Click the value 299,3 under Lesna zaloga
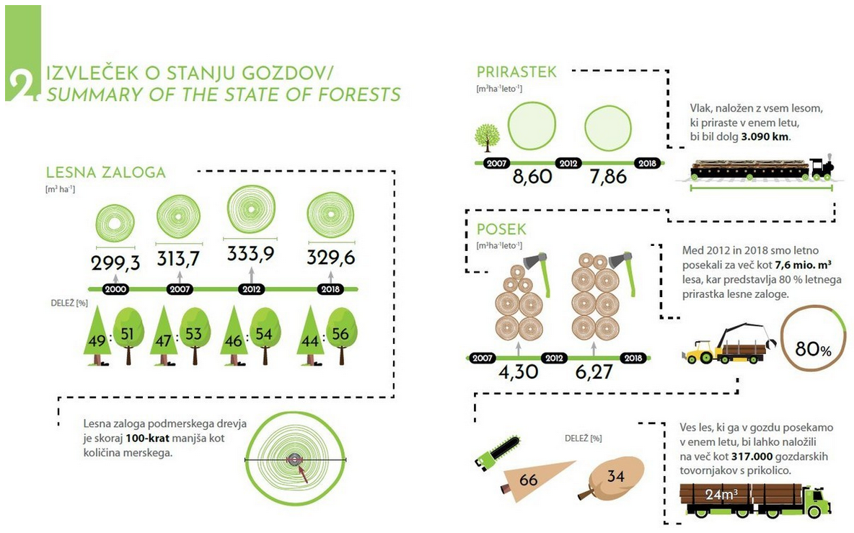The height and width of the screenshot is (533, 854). coord(115,263)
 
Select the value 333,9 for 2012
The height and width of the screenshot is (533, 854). coord(251,254)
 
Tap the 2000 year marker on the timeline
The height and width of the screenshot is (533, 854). coord(115,289)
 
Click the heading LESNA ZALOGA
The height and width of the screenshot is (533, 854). coord(105,172)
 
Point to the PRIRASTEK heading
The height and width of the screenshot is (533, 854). coord(516,72)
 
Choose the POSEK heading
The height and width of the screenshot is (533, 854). coord(501,229)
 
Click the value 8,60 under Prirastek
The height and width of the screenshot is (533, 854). coord(532,177)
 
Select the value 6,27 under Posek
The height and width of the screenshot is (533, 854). coord(594,372)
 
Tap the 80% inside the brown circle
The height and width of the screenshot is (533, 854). coord(813,348)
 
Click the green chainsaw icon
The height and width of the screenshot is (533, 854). coord(497,451)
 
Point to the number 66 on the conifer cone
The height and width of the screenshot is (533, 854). coord(528,480)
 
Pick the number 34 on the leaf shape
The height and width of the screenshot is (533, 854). coord(615,476)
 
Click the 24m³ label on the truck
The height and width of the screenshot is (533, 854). coord(722,494)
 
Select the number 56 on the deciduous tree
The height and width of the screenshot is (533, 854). coord(340,334)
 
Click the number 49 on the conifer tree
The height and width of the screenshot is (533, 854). coord(97,341)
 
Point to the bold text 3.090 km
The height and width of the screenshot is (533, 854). coord(765,136)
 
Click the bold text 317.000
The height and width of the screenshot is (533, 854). coord(752,457)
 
